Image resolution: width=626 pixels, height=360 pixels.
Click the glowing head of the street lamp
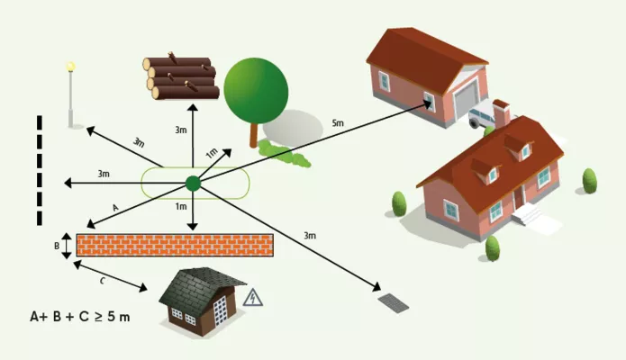[71, 67]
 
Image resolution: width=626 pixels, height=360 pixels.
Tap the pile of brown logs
[180, 77]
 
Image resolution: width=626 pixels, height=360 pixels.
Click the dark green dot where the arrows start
[193, 184]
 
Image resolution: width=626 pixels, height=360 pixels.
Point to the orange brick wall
[175, 245]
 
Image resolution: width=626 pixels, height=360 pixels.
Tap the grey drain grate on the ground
[393, 302]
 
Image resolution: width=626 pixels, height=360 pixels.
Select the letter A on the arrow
[115, 206]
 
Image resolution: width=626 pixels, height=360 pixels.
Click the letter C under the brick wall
[102, 281]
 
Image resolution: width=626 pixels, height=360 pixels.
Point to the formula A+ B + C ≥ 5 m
[80, 317]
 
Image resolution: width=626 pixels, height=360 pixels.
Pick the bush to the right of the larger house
[589, 181]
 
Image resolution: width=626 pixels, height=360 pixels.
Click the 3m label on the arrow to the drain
[309, 236]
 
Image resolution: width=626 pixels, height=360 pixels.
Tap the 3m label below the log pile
[181, 130]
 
